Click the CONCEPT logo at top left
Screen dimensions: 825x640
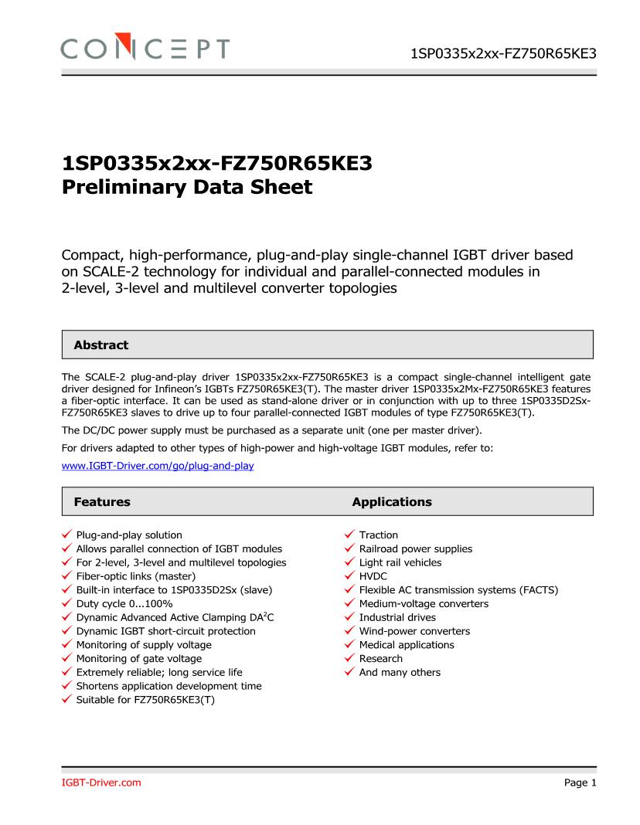point(145,49)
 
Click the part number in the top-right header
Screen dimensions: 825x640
point(503,53)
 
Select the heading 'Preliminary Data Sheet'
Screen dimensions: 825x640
point(187,187)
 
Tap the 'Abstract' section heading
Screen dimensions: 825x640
point(101,345)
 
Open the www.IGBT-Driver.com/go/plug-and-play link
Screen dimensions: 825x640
point(158,467)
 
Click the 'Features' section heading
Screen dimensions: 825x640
point(102,502)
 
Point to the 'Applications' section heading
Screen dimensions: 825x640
point(392,502)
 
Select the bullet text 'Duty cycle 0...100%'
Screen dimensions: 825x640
point(124,603)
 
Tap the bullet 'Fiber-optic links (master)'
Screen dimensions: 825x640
point(135,576)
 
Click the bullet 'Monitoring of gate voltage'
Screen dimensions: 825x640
point(138,659)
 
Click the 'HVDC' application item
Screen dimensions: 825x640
point(373,576)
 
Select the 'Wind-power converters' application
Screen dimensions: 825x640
point(414,631)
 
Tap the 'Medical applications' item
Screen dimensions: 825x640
point(407,645)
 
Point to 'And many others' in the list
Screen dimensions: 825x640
point(400,673)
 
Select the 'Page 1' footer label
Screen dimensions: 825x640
point(580,783)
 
